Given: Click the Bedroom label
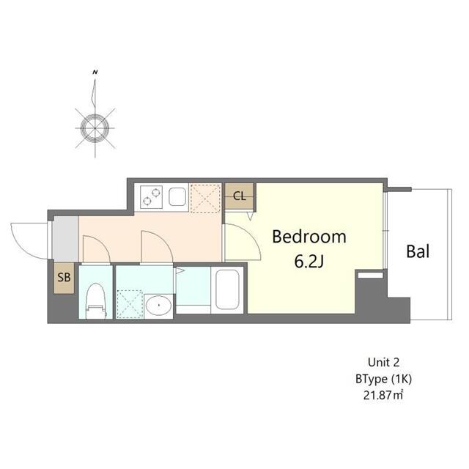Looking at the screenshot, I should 309,237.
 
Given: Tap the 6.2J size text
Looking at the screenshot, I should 309,262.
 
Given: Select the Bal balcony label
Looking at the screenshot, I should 418,252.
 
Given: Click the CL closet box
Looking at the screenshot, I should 239,196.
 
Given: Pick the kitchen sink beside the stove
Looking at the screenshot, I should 177,196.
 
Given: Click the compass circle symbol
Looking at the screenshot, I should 95,128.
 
